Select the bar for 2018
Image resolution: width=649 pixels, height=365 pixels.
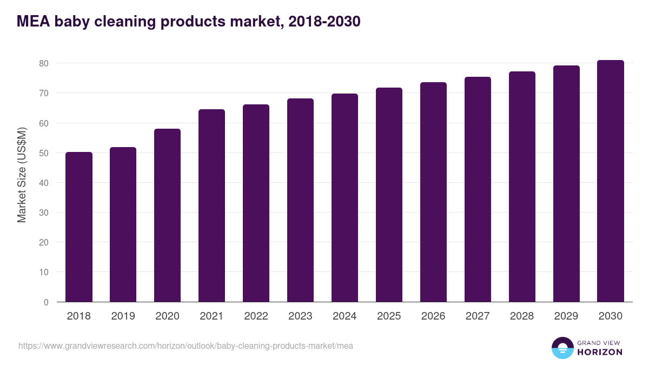pyautogui.click(x=79, y=227)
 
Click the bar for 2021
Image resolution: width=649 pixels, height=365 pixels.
pyautogui.click(x=211, y=205)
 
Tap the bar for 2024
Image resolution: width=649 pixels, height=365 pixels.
pyautogui.click(x=345, y=198)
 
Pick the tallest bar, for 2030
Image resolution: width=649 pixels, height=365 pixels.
pyautogui.click(x=611, y=181)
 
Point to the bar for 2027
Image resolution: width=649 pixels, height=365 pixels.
pyautogui.click(x=478, y=189)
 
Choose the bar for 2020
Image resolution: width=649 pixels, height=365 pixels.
pyautogui.click(x=167, y=215)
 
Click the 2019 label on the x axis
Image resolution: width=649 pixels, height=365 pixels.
pyautogui.click(x=123, y=316)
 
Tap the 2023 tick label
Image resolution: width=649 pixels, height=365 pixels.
pyautogui.click(x=300, y=316)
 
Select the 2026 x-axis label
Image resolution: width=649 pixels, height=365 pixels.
pyautogui.click(x=433, y=316)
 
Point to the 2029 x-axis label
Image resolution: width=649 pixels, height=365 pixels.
pyautogui.click(x=566, y=316)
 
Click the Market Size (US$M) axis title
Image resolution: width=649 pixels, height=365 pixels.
pyautogui.click(x=22, y=175)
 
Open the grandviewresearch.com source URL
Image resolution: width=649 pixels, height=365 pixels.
pyautogui.click(x=186, y=346)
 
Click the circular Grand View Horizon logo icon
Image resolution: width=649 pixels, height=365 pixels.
pyautogui.click(x=562, y=348)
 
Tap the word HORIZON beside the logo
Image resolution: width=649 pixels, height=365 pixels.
pyautogui.click(x=600, y=352)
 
